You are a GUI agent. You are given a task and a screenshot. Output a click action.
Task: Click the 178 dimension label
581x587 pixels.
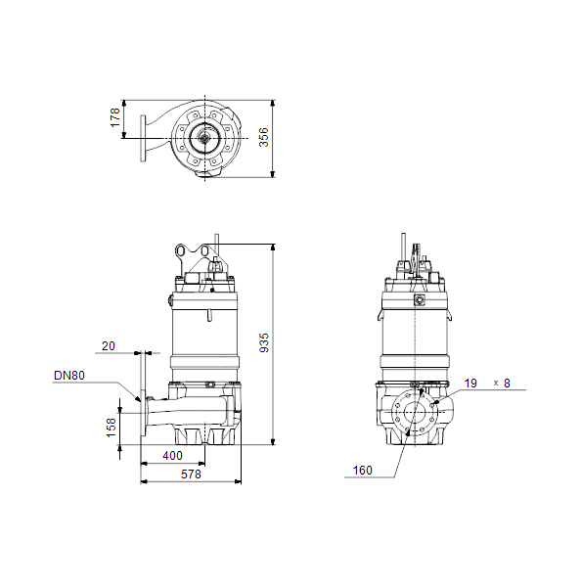(x=115, y=117)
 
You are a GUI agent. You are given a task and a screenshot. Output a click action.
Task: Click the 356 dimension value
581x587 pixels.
(x=264, y=137)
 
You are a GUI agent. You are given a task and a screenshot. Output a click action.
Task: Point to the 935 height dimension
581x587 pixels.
(x=264, y=342)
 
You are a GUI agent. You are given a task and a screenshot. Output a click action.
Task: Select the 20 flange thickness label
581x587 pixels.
(x=109, y=346)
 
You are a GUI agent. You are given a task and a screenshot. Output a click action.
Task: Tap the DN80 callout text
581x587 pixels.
(x=69, y=375)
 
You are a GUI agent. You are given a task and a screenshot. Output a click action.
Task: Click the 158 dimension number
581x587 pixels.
(x=112, y=428)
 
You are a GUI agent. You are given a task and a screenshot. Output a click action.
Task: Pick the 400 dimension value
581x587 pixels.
(x=172, y=456)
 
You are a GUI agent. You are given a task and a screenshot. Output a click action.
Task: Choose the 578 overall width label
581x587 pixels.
(x=191, y=474)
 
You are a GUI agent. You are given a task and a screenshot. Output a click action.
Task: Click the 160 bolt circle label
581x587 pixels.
(x=362, y=471)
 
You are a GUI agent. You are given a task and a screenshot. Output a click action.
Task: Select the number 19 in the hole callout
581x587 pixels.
(x=470, y=384)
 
